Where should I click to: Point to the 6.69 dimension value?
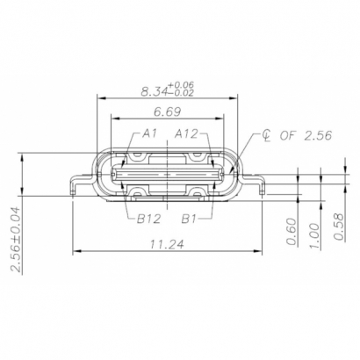[169, 112]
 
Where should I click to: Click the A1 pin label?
[148, 133]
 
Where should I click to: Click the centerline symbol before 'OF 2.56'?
[264, 136]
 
